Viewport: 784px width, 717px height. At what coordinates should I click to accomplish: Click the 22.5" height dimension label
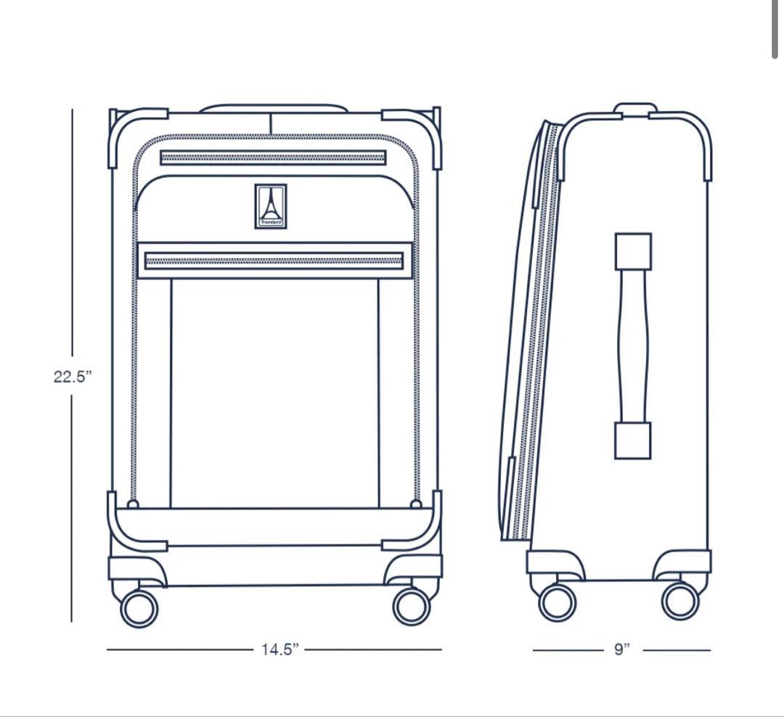point(73,377)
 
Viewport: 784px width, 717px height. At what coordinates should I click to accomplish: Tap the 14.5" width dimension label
point(280,650)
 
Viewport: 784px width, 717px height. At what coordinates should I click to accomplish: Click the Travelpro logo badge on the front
point(271,206)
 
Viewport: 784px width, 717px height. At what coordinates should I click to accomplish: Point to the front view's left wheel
point(139,608)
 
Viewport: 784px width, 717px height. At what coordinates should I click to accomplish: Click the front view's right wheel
point(412,605)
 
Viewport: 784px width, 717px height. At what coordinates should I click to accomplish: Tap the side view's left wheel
point(558,602)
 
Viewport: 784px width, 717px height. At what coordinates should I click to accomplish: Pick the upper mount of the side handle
point(633,251)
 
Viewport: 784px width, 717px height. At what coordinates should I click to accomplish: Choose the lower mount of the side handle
point(632,441)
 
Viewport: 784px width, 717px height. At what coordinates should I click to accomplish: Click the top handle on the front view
point(273,109)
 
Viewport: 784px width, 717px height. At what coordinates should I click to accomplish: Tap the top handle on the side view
point(635,108)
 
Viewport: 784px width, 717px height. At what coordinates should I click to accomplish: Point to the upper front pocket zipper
point(273,157)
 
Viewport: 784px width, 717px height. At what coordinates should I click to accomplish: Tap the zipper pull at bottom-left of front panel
point(133,504)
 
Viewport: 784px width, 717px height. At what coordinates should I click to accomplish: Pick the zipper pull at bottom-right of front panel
point(416,504)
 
